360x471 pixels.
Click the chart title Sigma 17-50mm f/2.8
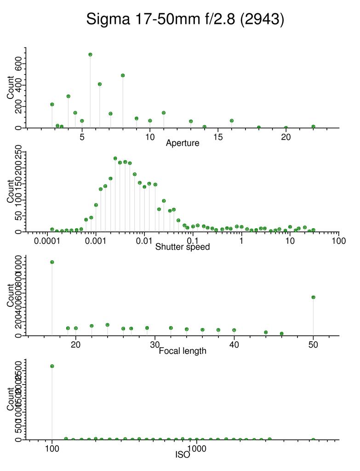[185, 19]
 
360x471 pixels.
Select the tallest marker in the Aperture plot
[91, 54]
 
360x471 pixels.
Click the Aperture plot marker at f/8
[123, 75]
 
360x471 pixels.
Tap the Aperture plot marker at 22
[313, 126]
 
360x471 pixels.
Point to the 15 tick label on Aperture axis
[218, 137]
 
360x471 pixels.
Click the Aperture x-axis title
[183, 143]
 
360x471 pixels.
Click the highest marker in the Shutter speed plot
[115, 158]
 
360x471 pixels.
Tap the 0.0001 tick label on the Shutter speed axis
[47, 241]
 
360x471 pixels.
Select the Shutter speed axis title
[183, 247]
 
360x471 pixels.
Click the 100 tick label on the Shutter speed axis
[338, 241]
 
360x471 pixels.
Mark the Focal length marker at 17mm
[52, 262]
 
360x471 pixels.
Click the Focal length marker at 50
[313, 297]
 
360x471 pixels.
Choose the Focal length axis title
[183, 351]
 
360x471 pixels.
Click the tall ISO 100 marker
[52, 366]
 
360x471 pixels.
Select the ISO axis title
[183, 455]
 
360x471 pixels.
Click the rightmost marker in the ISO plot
[313, 440]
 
